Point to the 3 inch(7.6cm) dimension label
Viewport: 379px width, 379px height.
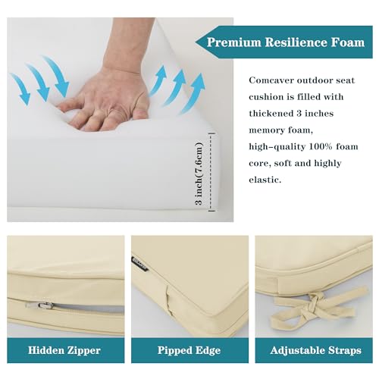pyautogui.click(x=200, y=175)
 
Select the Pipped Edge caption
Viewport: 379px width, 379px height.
pyautogui.click(x=189, y=351)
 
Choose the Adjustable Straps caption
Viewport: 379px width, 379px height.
pyautogui.click(x=313, y=351)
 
